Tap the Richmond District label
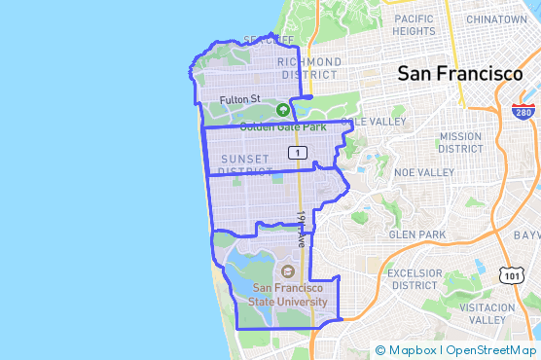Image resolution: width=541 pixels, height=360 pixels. [x=310, y=68]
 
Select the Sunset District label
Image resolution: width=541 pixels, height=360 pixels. [x=243, y=164]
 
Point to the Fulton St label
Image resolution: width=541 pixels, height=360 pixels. [x=239, y=99]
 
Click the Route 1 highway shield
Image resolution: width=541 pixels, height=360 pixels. [x=298, y=152]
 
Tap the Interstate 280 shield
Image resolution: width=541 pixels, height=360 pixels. [x=523, y=111]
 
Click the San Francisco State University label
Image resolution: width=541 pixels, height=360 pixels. [x=290, y=294]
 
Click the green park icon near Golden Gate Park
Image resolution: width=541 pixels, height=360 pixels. [x=283, y=110]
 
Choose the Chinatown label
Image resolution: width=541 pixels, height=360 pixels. [x=496, y=18]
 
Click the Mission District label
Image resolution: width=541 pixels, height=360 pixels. [x=460, y=142]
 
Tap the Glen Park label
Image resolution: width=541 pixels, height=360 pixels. [x=416, y=234]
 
